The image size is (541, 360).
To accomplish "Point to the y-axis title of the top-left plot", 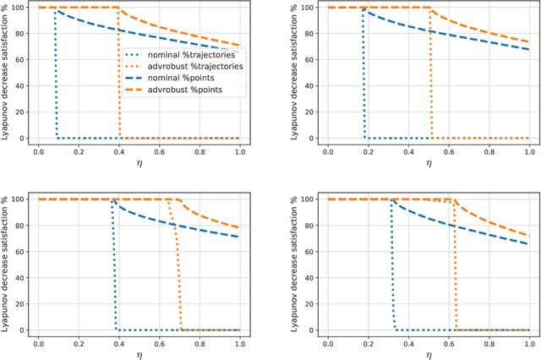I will click(x=6, y=73).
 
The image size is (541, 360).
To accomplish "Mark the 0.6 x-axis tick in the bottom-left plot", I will click(x=160, y=341).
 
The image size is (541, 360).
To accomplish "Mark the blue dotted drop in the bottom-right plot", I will click(x=392, y=270).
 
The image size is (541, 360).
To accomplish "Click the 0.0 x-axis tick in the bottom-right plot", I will click(x=328, y=341).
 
